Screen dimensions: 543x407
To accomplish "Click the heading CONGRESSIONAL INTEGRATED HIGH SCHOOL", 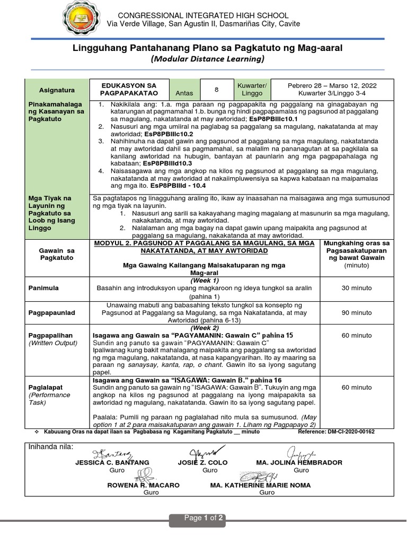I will tap(203, 15).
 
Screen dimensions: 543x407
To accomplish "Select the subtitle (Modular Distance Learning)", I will tap(203, 59).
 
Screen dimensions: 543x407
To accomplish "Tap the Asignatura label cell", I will tap(57, 90).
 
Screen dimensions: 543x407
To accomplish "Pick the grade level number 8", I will tap(216, 89).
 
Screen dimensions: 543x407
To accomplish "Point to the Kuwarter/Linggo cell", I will tap(252, 89).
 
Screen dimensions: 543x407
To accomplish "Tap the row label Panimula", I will tap(43, 287).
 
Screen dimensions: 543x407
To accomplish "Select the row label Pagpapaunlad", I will tap(51, 313).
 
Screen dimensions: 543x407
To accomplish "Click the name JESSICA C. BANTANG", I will tap(112, 463).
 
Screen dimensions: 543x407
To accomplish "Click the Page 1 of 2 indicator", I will tap(203, 518).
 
